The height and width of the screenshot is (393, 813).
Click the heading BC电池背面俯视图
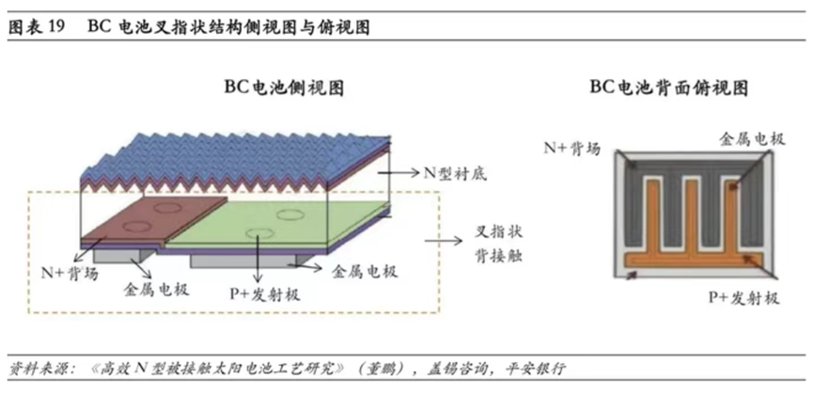click(669, 88)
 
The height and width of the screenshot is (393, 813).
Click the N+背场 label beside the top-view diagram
click(571, 149)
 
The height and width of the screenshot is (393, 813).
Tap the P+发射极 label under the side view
click(265, 294)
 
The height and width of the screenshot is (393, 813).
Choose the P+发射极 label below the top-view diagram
click(744, 298)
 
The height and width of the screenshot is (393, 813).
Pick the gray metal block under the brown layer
click(123, 255)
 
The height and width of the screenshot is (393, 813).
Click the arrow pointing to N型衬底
click(399, 173)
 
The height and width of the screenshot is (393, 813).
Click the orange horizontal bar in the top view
click(694, 259)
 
